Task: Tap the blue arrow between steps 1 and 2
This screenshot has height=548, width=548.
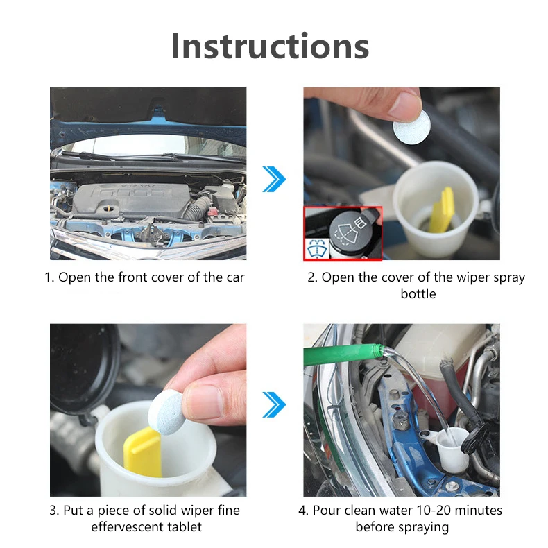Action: [274, 180]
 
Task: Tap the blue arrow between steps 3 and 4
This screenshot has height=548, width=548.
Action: [274, 404]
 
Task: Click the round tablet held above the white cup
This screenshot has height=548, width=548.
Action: [411, 127]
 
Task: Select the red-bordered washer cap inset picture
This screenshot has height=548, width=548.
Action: [343, 233]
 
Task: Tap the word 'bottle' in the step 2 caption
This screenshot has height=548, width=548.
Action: [418, 294]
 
